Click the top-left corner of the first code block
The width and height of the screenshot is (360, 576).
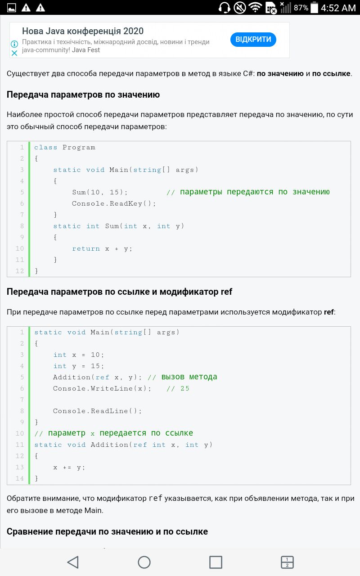click(x=7, y=141)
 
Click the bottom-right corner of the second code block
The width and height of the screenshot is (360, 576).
click(x=351, y=485)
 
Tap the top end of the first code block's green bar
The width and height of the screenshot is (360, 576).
click(x=29, y=142)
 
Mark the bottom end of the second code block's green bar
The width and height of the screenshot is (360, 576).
click(x=29, y=484)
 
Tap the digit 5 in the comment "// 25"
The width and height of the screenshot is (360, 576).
click(x=187, y=388)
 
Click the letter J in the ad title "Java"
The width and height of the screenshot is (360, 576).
click(x=48, y=31)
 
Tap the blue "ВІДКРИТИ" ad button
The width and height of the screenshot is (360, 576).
click(x=253, y=39)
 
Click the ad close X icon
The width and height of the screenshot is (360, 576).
click(x=14, y=53)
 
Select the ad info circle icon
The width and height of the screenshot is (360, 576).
click(x=14, y=44)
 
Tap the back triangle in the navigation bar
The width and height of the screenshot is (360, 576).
click(x=73, y=562)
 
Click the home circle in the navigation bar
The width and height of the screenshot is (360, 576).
click(x=144, y=562)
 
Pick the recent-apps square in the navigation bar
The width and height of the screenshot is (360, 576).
click(x=216, y=562)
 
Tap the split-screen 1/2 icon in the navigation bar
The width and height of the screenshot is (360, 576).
click(x=287, y=562)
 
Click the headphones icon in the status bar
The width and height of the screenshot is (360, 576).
click(x=224, y=8)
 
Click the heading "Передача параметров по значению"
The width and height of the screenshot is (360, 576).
click(x=83, y=94)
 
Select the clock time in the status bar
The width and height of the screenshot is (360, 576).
click(x=338, y=8)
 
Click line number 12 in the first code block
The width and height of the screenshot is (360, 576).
click(x=19, y=271)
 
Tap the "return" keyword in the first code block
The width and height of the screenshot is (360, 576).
click(x=85, y=249)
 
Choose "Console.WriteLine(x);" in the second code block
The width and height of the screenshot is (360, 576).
click(x=102, y=388)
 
